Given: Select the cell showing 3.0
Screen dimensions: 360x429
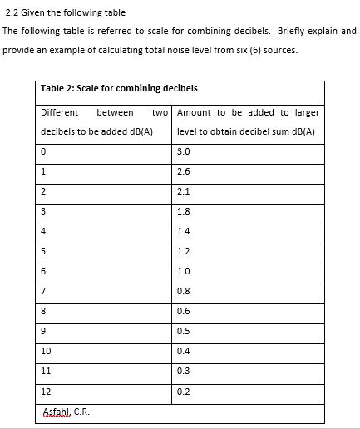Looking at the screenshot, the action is (184, 151).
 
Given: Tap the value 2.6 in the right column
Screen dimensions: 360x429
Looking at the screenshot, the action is (184, 171).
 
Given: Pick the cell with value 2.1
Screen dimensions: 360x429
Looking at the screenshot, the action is (184, 191).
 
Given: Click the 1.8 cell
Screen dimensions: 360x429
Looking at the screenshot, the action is (184, 211).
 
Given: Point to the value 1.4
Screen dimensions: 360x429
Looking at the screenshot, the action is (184, 231).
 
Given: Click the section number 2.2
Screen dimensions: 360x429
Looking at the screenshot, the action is (11, 11).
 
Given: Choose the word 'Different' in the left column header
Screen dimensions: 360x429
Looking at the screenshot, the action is (60, 112).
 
